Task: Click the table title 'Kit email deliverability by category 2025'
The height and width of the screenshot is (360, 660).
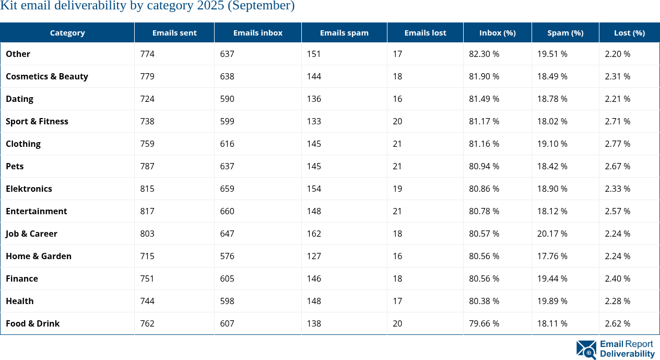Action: point(147,6)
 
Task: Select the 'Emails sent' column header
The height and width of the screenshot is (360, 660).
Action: point(174,32)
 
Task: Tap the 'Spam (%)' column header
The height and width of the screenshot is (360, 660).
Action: point(565,32)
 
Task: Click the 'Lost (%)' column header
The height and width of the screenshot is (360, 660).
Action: point(629,32)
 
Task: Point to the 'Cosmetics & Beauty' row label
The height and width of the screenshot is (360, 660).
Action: point(47,76)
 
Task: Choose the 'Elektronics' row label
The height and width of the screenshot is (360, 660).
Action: point(29,189)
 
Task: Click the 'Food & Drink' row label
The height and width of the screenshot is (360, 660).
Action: point(32,323)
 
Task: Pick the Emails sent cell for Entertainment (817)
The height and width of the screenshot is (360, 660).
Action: point(147,211)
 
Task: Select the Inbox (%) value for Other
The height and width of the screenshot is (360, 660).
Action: point(484,54)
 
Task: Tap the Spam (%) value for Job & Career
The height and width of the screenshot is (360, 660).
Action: point(552,234)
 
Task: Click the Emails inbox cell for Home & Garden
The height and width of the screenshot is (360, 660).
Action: point(227,256)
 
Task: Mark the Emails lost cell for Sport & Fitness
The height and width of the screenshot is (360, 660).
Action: point(397,121)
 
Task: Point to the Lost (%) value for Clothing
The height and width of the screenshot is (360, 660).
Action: point(617,144)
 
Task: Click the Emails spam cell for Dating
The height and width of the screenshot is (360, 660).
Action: point(314,99)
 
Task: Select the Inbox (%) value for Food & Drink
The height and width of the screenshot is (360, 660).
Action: point(484,323)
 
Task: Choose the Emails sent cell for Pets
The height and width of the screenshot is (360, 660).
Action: point(147,166)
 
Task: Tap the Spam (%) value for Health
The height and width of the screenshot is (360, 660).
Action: point(552,301)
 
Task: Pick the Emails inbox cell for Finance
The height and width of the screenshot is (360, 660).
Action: point(227,278)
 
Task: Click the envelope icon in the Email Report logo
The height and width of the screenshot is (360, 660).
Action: point(586,349)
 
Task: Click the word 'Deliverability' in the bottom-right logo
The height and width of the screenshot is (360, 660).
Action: point(627,354)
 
